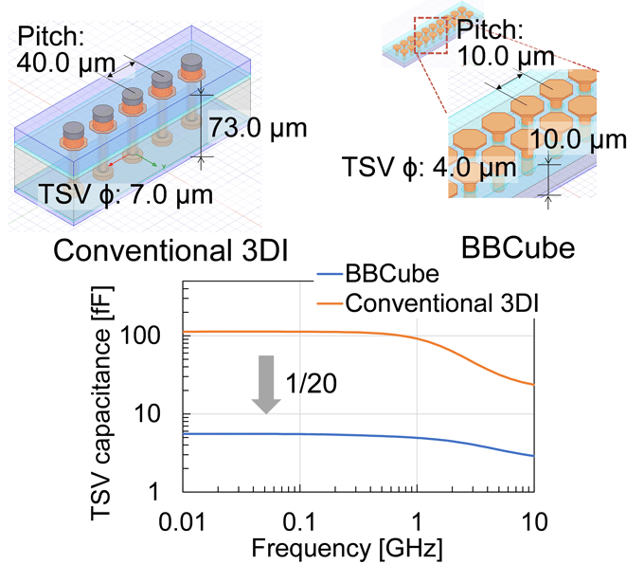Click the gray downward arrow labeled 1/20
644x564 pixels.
(268, 383)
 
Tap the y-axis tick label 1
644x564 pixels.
(175, 493)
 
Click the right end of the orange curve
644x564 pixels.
(535, 384)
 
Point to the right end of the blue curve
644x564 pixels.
(535, 456)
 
